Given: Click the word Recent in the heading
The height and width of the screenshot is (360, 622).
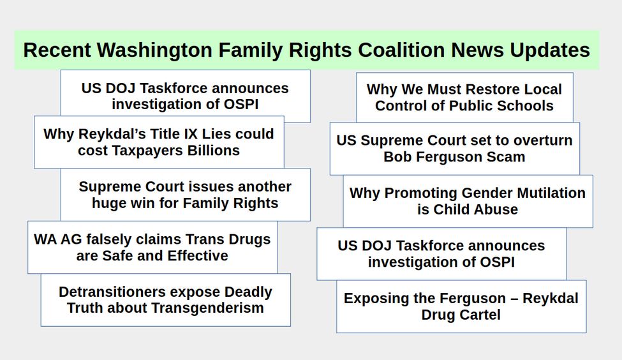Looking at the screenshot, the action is click(57, 50).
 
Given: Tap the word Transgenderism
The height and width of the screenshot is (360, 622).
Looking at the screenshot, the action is click(207, 308).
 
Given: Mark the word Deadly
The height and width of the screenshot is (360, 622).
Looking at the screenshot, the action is click(248, 292).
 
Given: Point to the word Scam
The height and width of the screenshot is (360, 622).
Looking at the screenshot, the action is click(506, 157).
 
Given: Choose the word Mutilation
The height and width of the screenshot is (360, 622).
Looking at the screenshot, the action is click(551, 193).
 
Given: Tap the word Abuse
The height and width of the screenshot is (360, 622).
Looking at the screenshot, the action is click(498, 209).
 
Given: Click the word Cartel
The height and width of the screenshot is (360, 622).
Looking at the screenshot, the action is click(481, 315).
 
